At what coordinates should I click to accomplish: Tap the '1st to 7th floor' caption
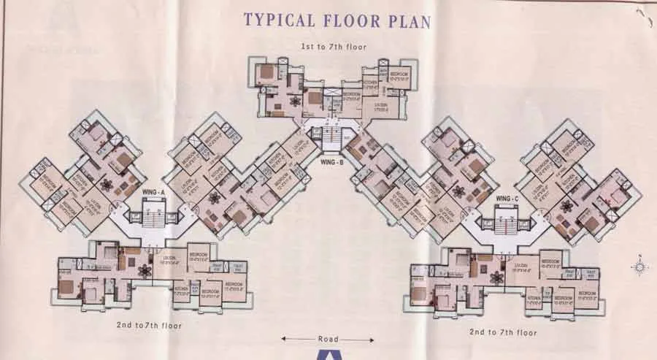tap(334, 47)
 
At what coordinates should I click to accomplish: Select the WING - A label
tap(153, 192)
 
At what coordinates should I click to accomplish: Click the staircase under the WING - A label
tap(153, 218)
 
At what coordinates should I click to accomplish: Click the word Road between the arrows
tap(328, 339)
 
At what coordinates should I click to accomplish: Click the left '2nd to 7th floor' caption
tap(147, 325)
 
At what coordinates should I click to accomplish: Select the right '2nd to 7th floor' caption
tap(503, 332)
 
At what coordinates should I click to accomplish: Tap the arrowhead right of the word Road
tap(371, 339)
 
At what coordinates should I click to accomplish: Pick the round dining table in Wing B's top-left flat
tap(295, 102)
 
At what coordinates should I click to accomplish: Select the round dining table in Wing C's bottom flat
tap(498, 277)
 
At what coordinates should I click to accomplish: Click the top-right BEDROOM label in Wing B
tap(399, 74)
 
